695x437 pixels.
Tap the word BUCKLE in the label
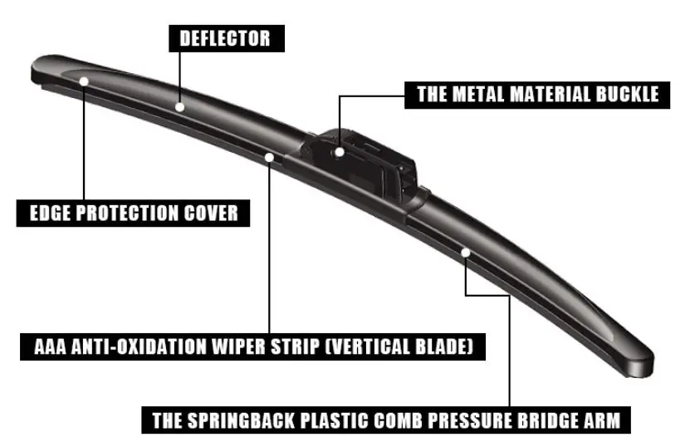click(627, 93)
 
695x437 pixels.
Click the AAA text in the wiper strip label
click(42, 346)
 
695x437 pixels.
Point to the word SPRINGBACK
click(229, 419)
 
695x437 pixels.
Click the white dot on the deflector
click(179, 106)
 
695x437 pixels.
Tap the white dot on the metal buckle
click(340, 151)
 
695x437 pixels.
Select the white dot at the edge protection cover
click(85, 81)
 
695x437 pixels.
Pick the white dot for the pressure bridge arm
click(467, 251)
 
